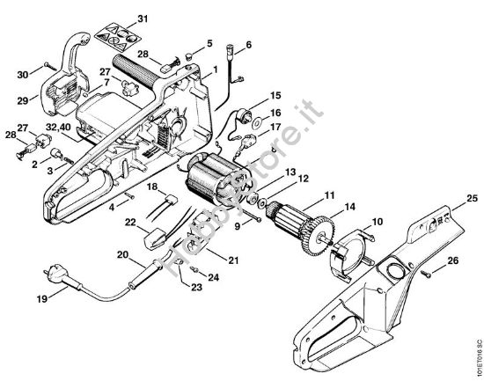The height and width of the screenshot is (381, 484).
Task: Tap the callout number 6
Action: [x=248, y=44]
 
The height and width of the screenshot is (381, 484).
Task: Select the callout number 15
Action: [x=275, y=94]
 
